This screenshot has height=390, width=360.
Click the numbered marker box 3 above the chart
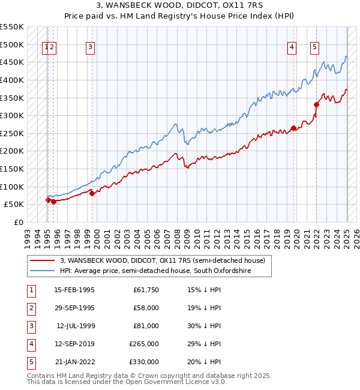90,49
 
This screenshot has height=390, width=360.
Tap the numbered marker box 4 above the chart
292,49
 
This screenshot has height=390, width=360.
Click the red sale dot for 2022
316,104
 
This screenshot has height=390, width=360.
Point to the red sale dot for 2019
293,128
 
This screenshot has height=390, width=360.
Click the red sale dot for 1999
92,193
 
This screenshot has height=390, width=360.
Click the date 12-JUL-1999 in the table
76,326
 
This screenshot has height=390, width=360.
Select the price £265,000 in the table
144,344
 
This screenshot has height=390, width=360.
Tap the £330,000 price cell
144,362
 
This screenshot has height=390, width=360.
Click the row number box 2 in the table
31,308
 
